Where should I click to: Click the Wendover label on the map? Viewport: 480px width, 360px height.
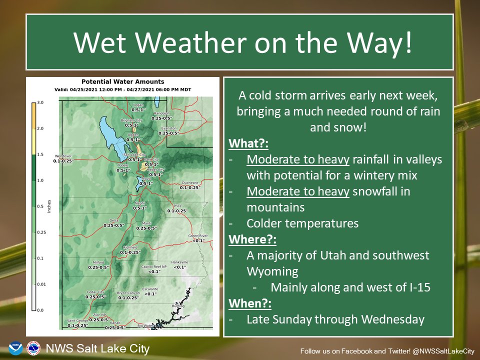[x=63, y=156]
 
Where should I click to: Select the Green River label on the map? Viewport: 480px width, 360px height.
[x=197, y=236]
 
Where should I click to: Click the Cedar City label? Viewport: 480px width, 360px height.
[x=95, y=291]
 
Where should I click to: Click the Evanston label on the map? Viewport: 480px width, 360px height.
[x=168, y=128]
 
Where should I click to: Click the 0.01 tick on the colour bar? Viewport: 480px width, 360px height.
[x=42, y=284]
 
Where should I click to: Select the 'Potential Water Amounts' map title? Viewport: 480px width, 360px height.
[x=122, y=81]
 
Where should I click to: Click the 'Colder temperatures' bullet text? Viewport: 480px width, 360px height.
[x=302, y=223]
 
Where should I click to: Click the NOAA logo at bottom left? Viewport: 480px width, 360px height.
[x=15, y=348]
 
